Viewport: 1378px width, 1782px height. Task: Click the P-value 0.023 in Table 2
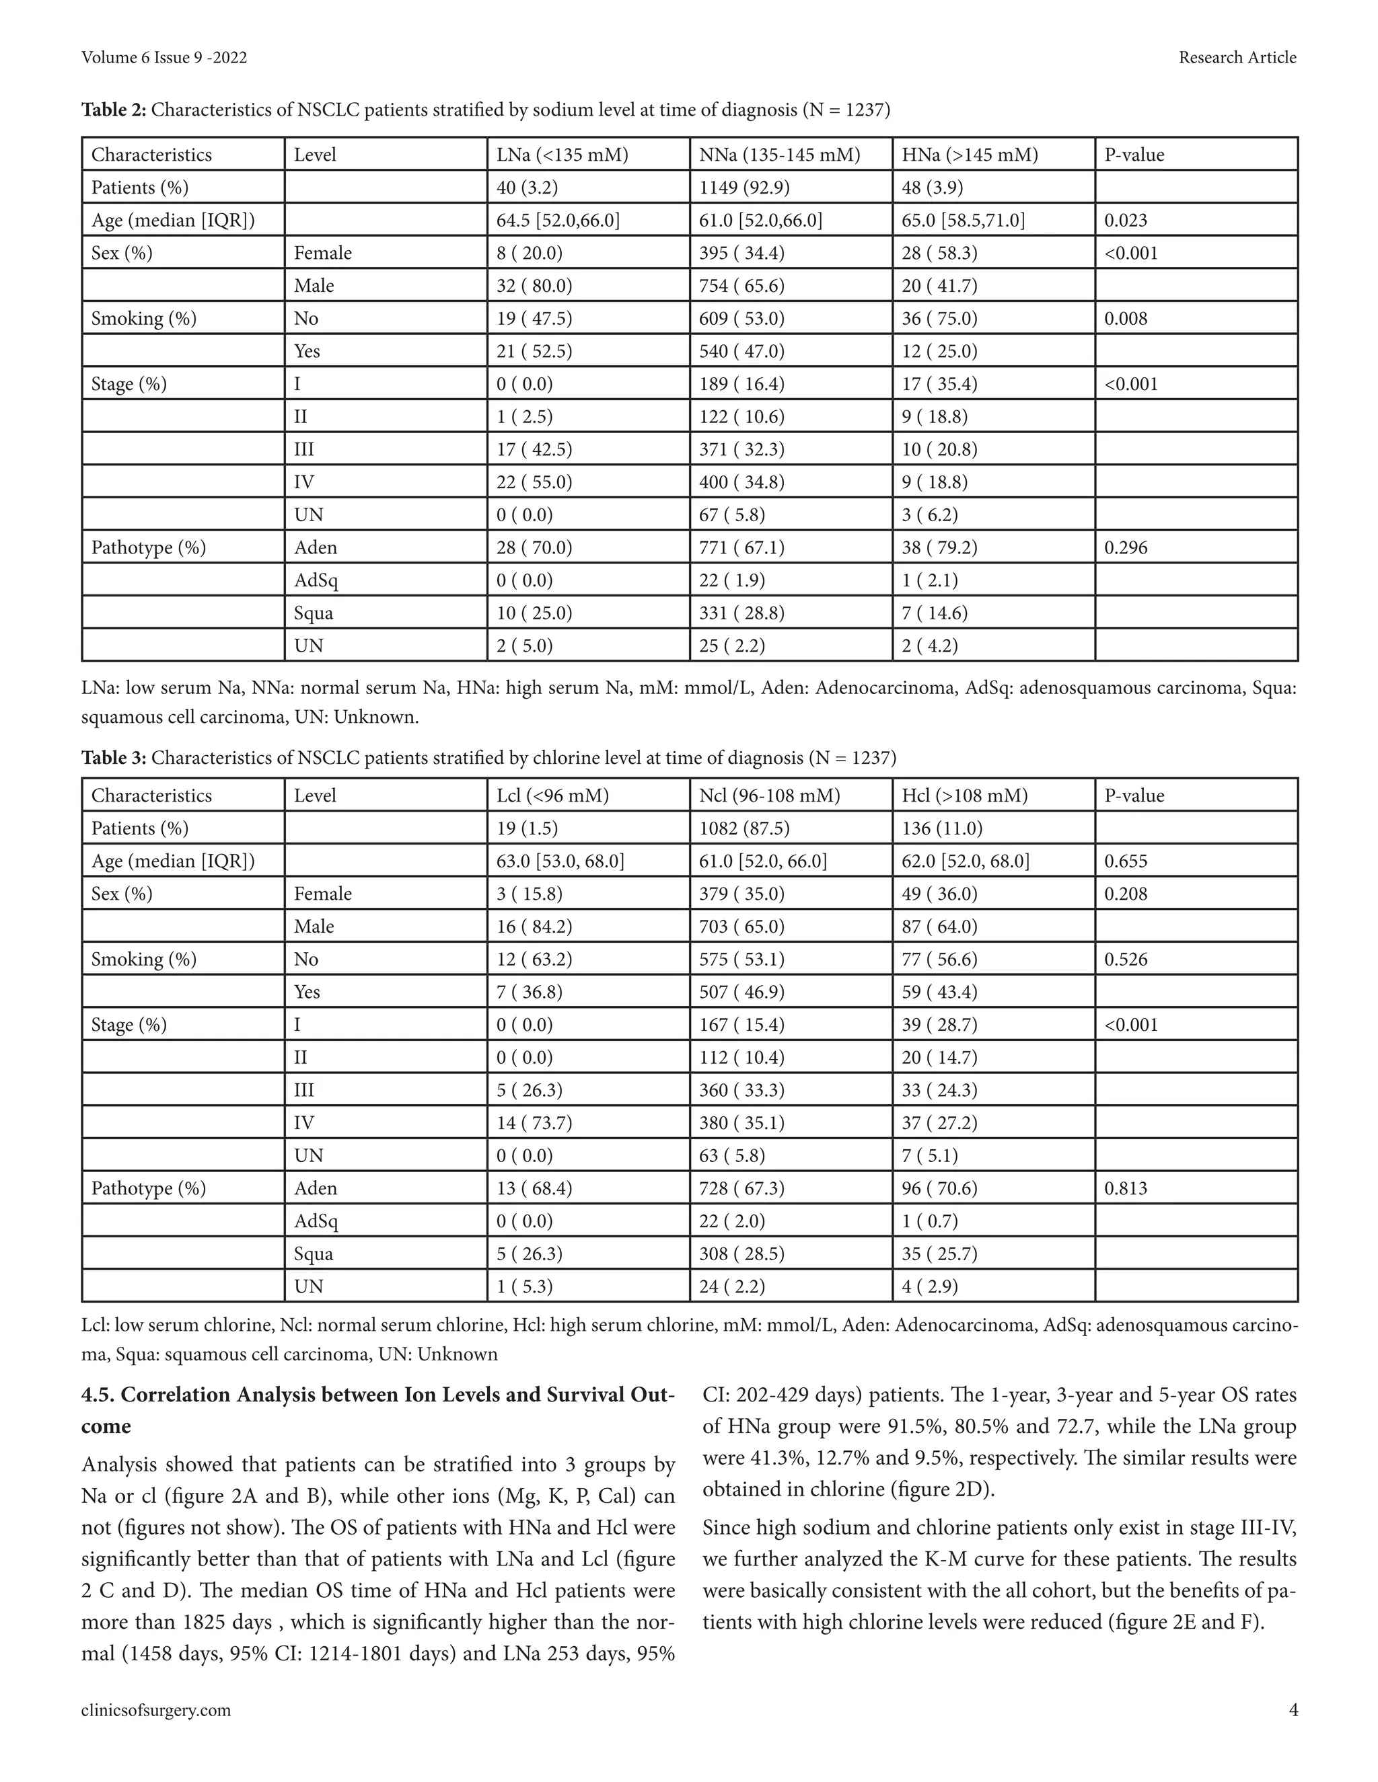coord(1126,221)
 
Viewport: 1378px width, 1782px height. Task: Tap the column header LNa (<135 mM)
coord(563,155)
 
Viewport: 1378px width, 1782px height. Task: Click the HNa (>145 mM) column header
coord(970,155)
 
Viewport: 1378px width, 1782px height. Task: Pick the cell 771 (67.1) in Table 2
coord(741,547)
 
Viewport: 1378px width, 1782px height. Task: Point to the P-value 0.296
coord(1126,547)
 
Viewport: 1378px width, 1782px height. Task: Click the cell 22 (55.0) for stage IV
coord(534,482)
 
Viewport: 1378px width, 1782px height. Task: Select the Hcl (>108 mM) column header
coord(964,796)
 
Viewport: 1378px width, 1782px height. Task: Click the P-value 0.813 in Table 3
coord(1126,1188)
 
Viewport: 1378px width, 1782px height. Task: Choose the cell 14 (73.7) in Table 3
coord(534,1123)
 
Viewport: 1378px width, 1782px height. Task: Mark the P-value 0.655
coord(1126,861)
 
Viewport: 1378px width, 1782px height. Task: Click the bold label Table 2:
coord(114,110)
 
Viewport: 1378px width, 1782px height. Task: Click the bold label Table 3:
coord(114,758)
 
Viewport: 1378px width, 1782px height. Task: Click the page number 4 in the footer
coord(1293,1710)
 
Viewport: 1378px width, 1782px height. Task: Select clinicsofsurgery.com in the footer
coord(156,1710)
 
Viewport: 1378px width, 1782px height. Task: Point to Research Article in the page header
coord(1237,57)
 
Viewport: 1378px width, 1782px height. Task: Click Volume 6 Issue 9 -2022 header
coord(164,57)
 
